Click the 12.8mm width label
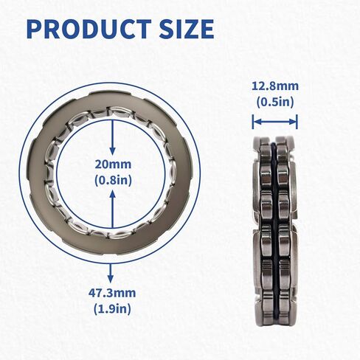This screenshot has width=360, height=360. click(274, 87)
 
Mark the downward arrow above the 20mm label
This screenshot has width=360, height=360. click(112, 136)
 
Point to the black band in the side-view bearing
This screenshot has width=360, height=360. click(274, 221)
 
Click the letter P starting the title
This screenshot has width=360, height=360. click(34, 29)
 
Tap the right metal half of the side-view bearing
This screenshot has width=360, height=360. click(285, 221)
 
